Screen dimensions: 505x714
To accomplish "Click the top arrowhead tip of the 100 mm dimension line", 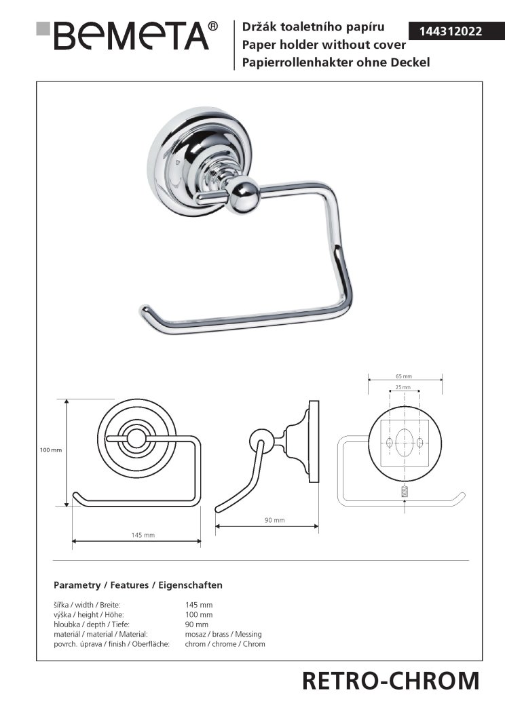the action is [x=67, y=400].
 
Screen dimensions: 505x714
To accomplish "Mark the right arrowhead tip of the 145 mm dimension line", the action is [x=200, y=541].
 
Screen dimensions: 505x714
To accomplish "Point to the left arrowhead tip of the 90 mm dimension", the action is [x=215, y=526].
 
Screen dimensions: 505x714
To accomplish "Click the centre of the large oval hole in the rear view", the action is [x=405, y=442].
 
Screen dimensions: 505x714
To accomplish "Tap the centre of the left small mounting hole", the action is [x=389, y=442].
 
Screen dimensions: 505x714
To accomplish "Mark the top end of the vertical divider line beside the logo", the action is [x=234, y=20].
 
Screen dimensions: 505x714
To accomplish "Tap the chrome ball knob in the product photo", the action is [x=244, y=195].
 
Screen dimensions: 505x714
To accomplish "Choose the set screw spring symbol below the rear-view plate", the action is [x=405, y=492].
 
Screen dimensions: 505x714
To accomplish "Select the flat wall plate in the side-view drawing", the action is [x=314, y=441].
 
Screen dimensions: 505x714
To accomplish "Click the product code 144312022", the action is [x=451, y=31].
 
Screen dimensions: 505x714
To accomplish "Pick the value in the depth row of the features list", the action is [x=196, y=624].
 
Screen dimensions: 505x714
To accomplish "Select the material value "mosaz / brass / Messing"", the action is [x=223, y=634].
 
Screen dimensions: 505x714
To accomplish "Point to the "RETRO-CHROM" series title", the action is [x=390, y=681].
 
